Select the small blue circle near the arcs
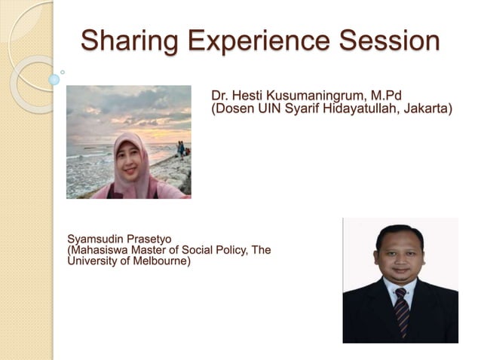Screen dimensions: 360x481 pos(54,79)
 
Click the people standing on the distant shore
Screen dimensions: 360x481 pos(182,148)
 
